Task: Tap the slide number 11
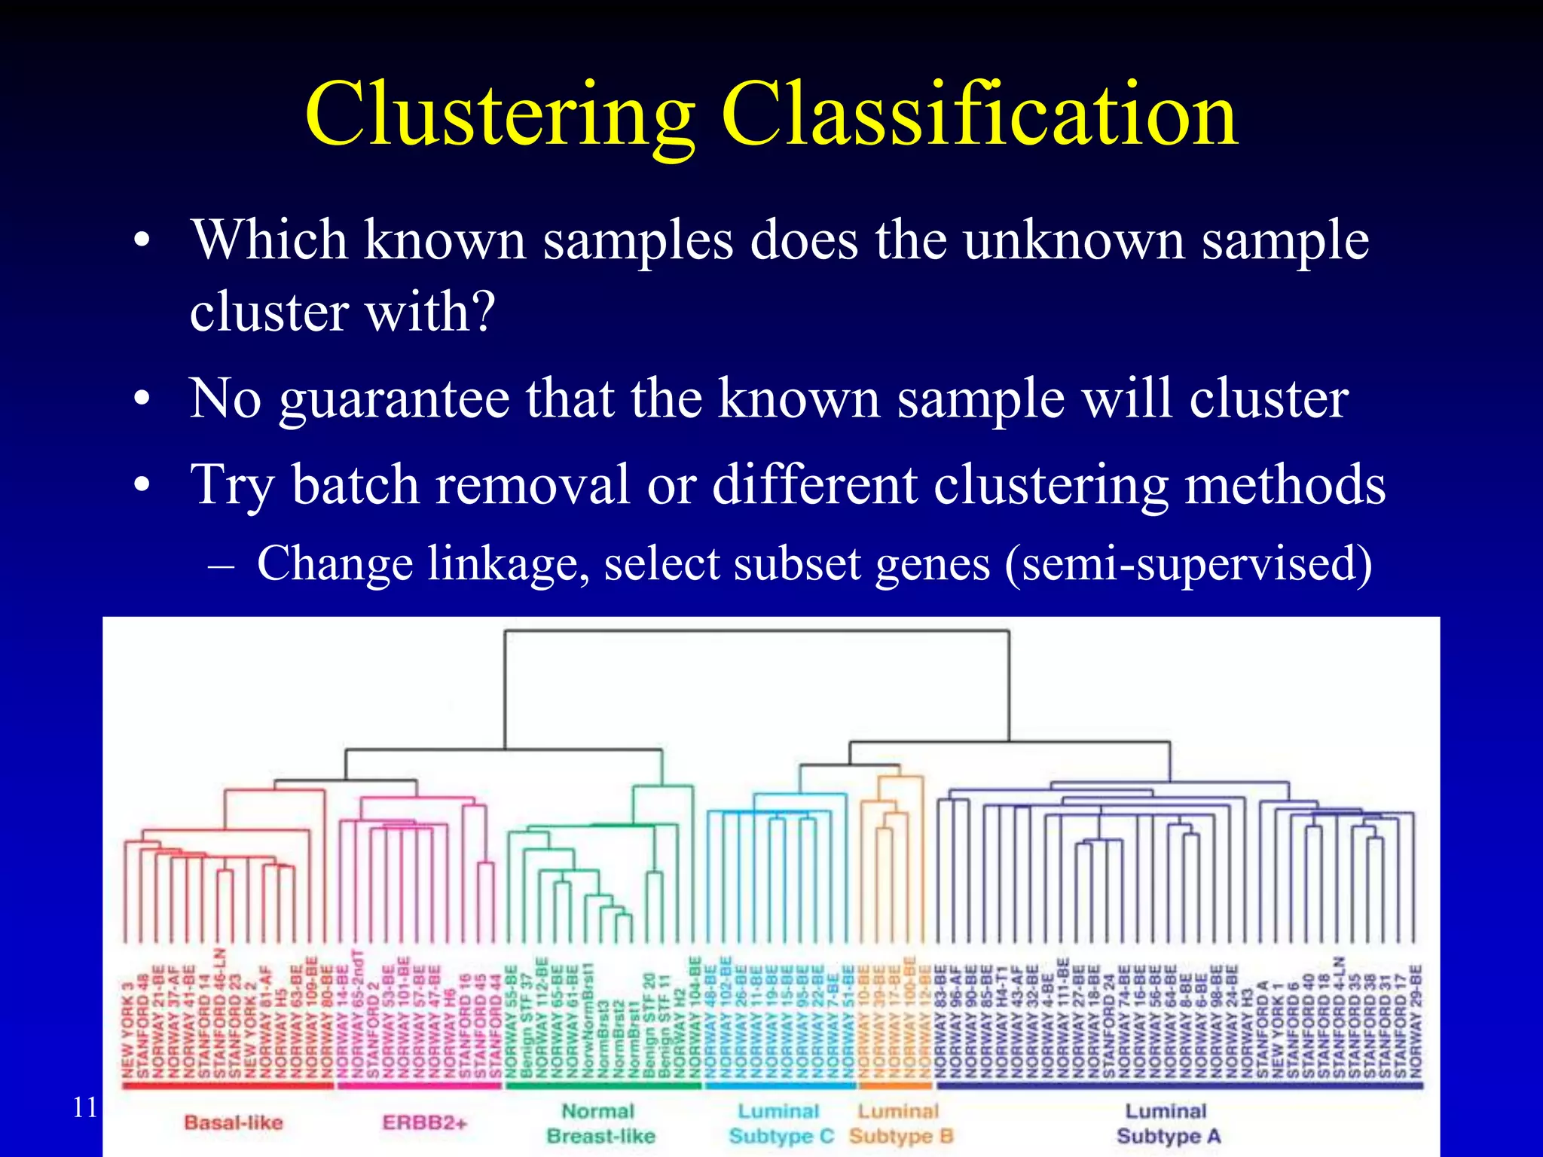pyautogui.click(x=85, y=1107)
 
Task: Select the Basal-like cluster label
pyautogui.click(x=234, y=1122)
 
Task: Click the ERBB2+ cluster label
pyautogui.click(x=425, y=1122)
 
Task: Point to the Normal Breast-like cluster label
pyautogui.click(x=600, y=1123)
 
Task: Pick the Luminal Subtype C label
pyautogui.click(x=781, y=1123)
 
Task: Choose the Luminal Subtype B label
pyautogui.click(x=900, y=1123)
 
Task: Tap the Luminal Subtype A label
pyautogui.click(x=1167, y=1123)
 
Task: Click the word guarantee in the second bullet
pyautogui.click(x=394, y=399)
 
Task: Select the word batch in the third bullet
pyautogui.click(x=356, y=484)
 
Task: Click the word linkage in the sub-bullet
pyautogui.click(x=507, y=563)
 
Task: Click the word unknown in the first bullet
pyautogui.click(x=1074, y=241)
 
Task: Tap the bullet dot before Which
pyautogui.click(x=141, y=243)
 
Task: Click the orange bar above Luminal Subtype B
pyautogui.click(x=895, y=1085)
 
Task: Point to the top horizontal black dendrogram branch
pyautogui.click(x=756, y=631)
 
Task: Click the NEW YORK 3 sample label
pyautogui.click(x=128, y=1028)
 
